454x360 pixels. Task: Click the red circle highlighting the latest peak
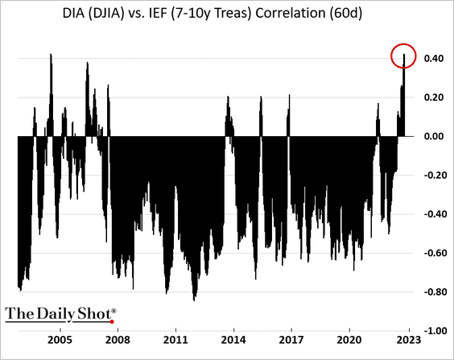point(404,56)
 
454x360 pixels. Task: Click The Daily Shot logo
point(60,312)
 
